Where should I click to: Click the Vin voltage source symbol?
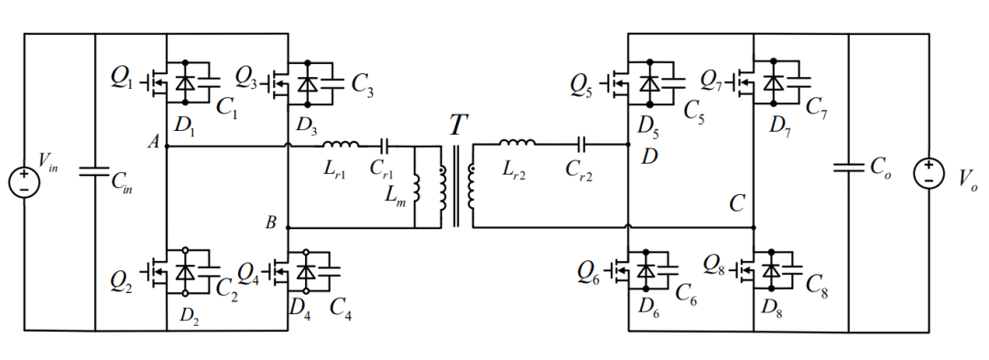(24, 181)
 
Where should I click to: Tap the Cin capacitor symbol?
(95, 172)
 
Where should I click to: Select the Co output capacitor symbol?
(849, 167)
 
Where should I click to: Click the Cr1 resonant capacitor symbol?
(385, 147)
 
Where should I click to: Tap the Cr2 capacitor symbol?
(582, 145)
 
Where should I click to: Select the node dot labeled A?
(167, 147)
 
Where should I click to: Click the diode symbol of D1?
(185, 82)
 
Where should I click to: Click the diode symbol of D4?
(307, 271)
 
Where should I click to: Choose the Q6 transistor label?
(589, 272)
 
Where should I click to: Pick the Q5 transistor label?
(583, 85)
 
